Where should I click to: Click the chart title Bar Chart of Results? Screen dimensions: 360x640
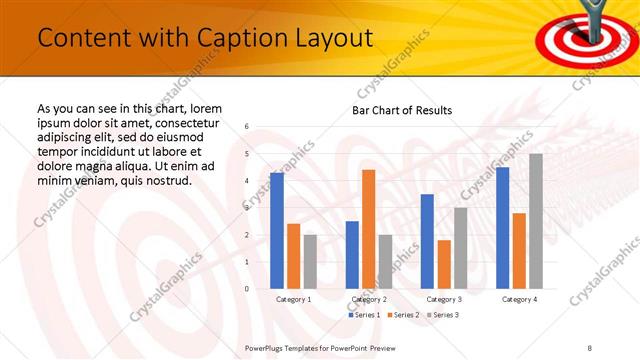point(402,110)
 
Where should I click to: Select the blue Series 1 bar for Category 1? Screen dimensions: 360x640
point(277,230)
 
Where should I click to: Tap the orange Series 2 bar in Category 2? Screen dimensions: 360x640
point(368,229)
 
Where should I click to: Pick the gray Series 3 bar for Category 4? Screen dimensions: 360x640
point(536,221)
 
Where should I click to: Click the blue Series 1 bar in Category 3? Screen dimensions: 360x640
point(427,241)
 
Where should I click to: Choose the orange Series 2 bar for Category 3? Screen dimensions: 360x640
point(444,264)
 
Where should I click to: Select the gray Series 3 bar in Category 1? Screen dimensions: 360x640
point(310,261)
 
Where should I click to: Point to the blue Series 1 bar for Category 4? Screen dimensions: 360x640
point(502,228)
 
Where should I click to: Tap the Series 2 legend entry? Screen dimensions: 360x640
point(402,315)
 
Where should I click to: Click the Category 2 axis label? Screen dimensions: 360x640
point(369,299)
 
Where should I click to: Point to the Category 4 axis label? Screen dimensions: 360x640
point(519,299)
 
